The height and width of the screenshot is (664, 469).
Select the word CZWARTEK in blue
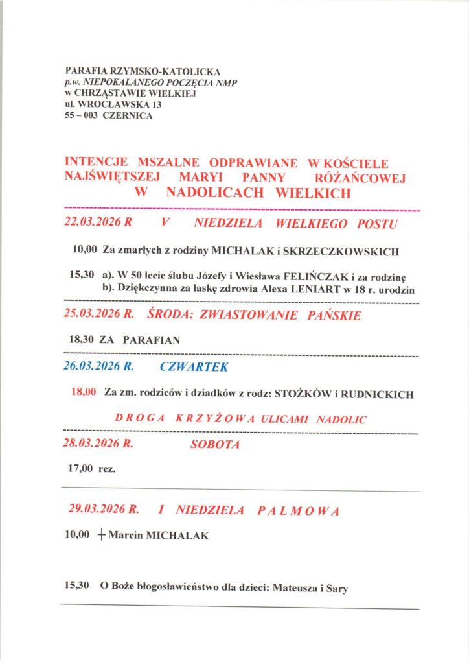coord(193,366)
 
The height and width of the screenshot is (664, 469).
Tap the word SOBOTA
coord(215,445)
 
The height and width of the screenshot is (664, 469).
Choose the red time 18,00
coord(82,392)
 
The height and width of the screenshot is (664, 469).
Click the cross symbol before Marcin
coord(101,536)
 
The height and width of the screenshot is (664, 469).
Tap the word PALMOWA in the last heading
coord(298,511)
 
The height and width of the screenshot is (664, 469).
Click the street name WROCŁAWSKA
coord(115,104)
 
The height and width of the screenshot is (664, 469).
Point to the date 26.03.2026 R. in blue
coord(98,366)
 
